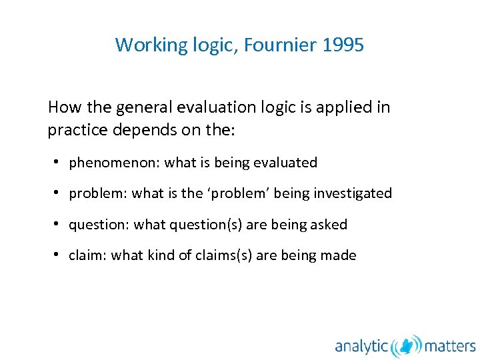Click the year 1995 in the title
(x=343, y=45)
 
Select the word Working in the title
(x=143, y=45)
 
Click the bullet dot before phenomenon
(x=59, y=162)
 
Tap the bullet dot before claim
(x=59, y=255)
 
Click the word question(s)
(x=209, y=225)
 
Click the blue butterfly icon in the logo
(x=407, y=346)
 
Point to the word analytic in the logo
(x=361, y=347)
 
